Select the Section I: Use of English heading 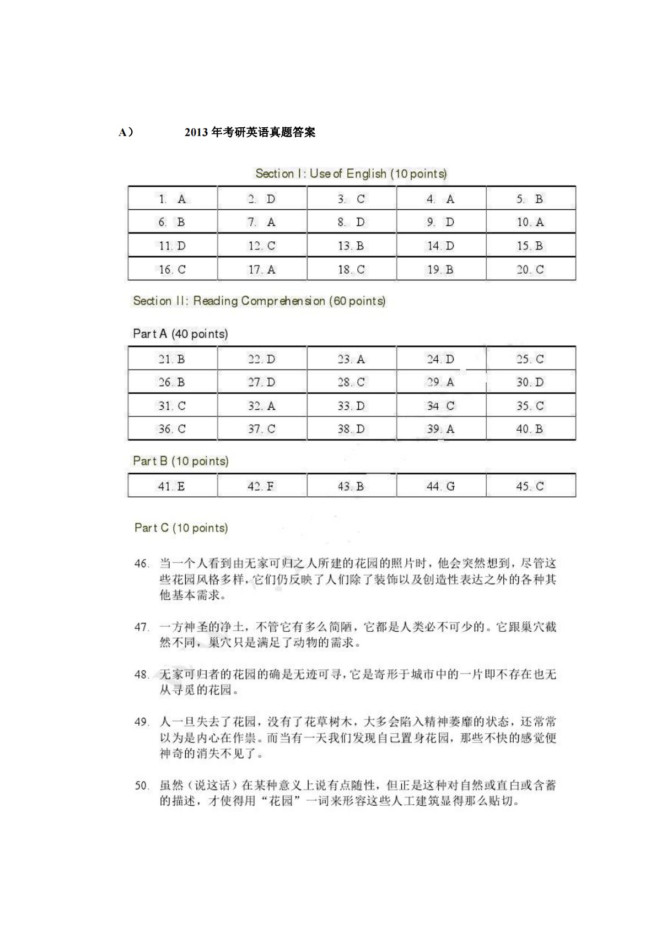pos(351,174)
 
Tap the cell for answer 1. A pos(173,199)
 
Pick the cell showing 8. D pos(351,222)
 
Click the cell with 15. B pos(530,246)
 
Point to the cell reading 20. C pos(530,269)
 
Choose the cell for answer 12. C pos(262,246)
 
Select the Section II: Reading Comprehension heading pos(259,301)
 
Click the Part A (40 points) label pos(180,334)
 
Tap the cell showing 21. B pos(173,359)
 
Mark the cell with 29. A pos(440,382)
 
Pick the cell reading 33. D pos(351,406)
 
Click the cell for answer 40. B pos(530,429)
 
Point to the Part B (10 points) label pos(181,461)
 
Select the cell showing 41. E pos(173,486)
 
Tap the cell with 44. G pos(440,486)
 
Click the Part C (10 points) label pos(181,528)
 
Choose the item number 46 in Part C pos(142,563)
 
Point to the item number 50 pos(142,785)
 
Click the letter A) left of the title pos(126,132)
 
